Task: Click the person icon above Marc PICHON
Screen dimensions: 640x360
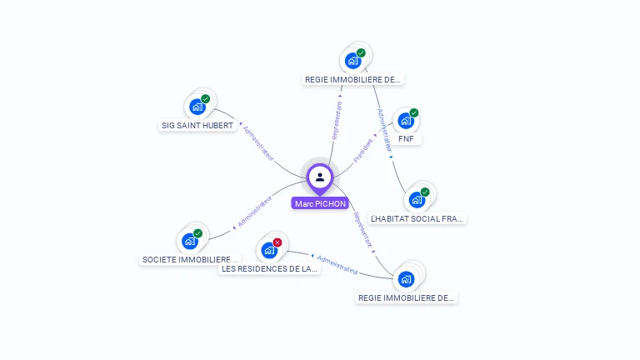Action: point(320,177)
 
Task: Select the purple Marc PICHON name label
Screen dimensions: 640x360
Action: point(320,203)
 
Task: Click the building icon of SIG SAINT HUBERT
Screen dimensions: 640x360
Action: point(197,106)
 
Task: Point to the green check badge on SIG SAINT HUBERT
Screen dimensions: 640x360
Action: point(205,99)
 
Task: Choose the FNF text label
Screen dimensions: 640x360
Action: point(406,138)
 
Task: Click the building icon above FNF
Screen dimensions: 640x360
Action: point(405,120)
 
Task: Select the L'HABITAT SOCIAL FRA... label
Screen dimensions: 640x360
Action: point(417,218)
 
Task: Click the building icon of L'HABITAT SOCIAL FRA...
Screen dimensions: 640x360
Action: point(416,200)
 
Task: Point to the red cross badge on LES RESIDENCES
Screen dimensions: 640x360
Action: point(277,242)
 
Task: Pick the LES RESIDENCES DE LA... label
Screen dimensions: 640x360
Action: point(269,269)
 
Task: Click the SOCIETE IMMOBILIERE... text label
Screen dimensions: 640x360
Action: point(191,259)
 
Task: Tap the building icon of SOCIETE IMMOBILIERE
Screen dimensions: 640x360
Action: point(190,241)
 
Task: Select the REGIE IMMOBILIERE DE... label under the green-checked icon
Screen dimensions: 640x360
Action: point(353,80)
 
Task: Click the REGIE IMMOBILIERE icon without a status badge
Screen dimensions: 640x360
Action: point(406,278)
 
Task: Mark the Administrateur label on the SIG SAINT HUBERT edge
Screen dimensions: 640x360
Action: point(257,142)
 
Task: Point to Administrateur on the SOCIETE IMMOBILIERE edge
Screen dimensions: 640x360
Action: point(255,212)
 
